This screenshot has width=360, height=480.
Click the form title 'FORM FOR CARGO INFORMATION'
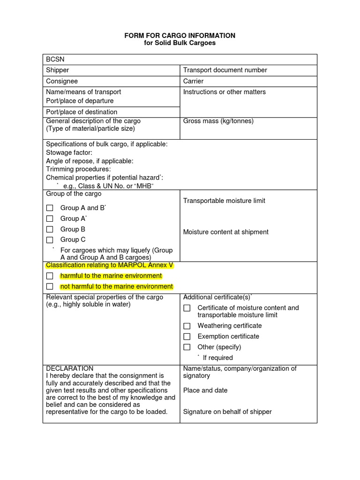click(180, 36)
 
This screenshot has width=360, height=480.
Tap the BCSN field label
click(54, 60)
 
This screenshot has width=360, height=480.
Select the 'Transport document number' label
click(225, 70)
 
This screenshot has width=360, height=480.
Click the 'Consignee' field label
click(62, 81)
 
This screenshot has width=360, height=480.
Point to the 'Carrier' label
click(193, 81)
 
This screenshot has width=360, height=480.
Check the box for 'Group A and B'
click(50, 208)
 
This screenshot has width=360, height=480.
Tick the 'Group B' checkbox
click(50, 229)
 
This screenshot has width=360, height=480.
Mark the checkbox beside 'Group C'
click(50, 240)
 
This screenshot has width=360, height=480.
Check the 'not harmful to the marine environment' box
click(50, 286)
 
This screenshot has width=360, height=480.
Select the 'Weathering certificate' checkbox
click(187, 326)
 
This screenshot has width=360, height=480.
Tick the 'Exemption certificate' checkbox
click(187, 337)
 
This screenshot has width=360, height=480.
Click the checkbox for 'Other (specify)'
click(187, 347)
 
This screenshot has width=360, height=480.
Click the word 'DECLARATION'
click(69, 368)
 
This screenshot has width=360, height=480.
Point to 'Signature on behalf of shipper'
click(227, 412)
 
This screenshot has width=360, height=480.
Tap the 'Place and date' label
click(205, 390)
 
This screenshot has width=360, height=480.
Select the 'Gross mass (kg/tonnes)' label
click(218, 121)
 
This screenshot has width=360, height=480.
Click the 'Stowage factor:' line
click(69, 152)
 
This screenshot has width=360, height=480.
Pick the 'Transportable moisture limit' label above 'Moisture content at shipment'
click(224, 201)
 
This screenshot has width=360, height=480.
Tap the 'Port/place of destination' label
click(82, 112)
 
